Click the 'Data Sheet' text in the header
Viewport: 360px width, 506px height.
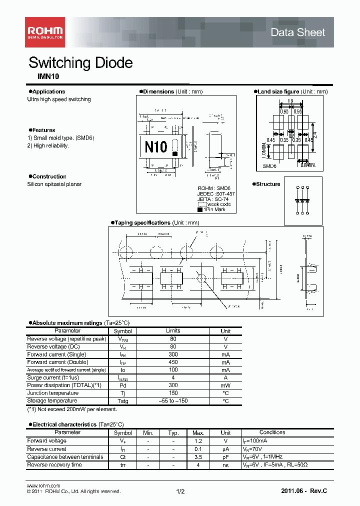[x=297, y=32]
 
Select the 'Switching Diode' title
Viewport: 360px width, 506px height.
[x=80, y=63]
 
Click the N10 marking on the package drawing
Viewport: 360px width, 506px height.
[x=155, y=147]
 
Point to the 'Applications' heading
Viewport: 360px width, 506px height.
[x=48, y=91]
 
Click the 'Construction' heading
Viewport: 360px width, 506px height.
[x=49, y=176]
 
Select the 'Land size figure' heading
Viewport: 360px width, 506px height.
[x=278, y=91]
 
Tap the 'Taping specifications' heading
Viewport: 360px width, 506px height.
[x=142, y=222]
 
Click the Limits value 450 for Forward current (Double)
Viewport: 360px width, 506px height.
[x=173, y=362]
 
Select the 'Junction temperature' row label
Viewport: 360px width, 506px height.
[x=52, y=393]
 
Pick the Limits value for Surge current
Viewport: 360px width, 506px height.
[x=173, y=377]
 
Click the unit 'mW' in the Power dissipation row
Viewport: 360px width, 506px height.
[x=225, y=385]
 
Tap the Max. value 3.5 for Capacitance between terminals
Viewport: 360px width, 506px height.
[x=198, y=456]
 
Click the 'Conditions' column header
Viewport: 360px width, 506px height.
[x=272, y=432]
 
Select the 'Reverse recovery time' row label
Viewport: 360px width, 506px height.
[x=54, y=464]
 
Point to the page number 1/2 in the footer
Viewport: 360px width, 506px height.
[x=180, y=491]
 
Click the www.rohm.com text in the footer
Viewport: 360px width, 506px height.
[x=43, y=485]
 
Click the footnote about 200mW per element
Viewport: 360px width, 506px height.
[x=72, y=409]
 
